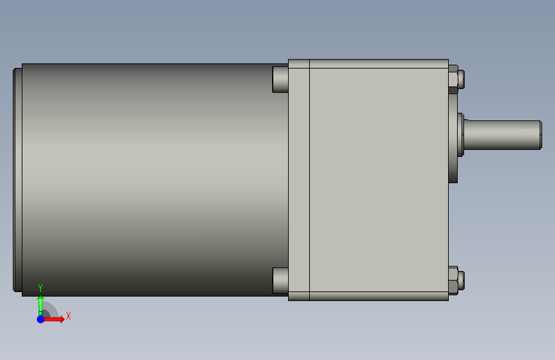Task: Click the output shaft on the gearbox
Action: coord(503,135)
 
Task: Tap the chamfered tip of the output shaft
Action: coord(541,135)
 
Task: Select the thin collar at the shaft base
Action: coord(460,135)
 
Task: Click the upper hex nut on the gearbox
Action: coord(453,79)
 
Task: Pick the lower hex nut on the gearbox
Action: coord(453,281)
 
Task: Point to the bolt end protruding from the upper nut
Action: coord(461,79)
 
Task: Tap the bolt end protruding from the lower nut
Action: coord(461,281)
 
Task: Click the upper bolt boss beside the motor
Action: coord(280,79)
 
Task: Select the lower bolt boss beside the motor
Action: coord(280,281)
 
